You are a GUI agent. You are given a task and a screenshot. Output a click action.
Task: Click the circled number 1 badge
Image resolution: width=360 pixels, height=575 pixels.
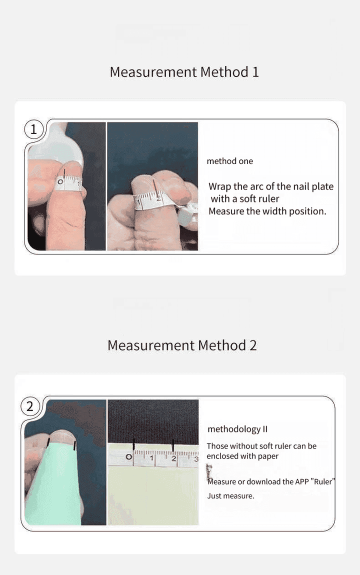pos(33,129)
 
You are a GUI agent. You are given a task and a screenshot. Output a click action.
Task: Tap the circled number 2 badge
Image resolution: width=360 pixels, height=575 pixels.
pos(30,406)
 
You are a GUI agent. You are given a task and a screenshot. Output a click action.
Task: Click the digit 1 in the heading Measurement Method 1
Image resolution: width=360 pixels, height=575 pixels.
pos(255,72)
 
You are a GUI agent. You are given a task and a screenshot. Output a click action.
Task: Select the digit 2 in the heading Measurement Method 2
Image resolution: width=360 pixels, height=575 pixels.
pos(253,345)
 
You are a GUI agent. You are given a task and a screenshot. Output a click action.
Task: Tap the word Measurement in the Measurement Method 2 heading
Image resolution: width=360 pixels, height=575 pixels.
pos(151,345)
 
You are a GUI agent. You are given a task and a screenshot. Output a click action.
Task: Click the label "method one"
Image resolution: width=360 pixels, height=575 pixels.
pos(230,161)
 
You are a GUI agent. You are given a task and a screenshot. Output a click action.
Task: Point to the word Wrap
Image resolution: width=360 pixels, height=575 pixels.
pos(220,186)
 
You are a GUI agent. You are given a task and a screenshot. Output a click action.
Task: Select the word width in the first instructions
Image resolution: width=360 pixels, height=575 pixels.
pos(274,211)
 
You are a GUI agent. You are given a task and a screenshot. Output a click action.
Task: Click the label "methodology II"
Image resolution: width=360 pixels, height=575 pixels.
pos(237,429)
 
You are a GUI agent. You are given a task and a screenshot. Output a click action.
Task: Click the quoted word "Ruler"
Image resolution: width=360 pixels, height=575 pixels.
pos(323,481)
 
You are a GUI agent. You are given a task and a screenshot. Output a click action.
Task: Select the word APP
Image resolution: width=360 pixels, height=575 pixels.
pos(301,481)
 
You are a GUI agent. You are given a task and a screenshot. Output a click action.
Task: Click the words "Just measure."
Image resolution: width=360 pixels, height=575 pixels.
pos(230,496)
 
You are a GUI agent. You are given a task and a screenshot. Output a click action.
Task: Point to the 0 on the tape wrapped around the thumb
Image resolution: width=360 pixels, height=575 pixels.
pos(60,182)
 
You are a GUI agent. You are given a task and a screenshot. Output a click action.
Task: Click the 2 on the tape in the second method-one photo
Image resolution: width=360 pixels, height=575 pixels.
pos(158,198)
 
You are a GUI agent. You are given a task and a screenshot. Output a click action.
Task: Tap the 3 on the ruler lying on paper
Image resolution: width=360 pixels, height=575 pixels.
pos(196,459)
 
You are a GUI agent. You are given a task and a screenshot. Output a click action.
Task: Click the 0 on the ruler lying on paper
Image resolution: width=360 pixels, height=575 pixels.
pos(128,457)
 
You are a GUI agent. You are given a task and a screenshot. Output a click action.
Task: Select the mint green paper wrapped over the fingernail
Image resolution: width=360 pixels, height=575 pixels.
pos(57,483)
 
